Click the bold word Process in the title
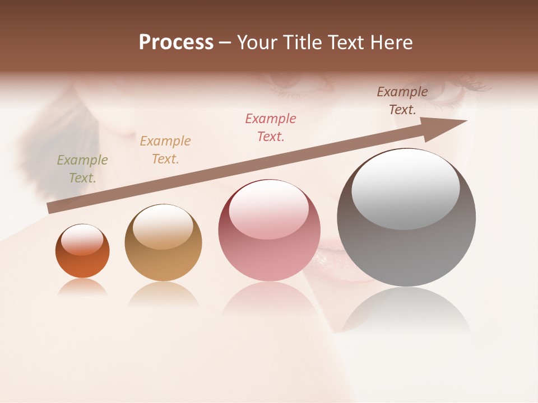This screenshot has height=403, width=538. point(176,43)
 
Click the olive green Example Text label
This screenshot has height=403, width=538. point(82,169)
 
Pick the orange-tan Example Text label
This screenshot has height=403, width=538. point(165,150)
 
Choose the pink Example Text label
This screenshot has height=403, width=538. point(271,128)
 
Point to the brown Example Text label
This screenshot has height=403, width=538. point(402,101)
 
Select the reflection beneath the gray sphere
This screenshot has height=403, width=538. point(406,311)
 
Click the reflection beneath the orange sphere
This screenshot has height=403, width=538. point(82,287)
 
